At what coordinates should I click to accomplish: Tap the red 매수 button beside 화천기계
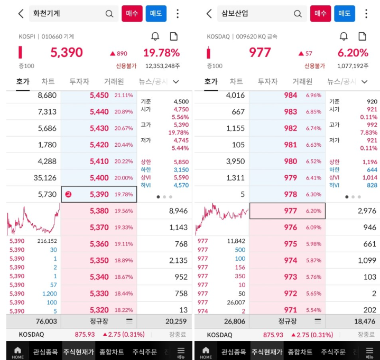pos(132,14)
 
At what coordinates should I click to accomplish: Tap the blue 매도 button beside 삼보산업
pos(345,14)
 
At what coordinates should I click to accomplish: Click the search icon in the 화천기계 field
pos(109,14)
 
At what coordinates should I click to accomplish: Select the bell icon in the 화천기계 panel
pos(155,36)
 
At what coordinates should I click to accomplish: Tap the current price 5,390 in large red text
pos(67,53)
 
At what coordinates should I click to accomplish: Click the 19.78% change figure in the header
pos(161,53)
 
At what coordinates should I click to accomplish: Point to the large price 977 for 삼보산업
pos(259,53)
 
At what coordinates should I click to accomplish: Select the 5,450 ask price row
pos(99,96)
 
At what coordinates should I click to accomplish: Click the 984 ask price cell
pos(291,96)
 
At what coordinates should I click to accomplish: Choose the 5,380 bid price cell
pos(99,211)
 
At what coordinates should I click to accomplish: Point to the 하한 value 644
pos(372,170)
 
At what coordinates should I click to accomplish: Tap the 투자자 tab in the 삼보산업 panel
pos(267,81)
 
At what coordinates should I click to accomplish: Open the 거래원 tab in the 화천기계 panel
pos(114,81)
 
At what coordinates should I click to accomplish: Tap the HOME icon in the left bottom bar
pos(18,352)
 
